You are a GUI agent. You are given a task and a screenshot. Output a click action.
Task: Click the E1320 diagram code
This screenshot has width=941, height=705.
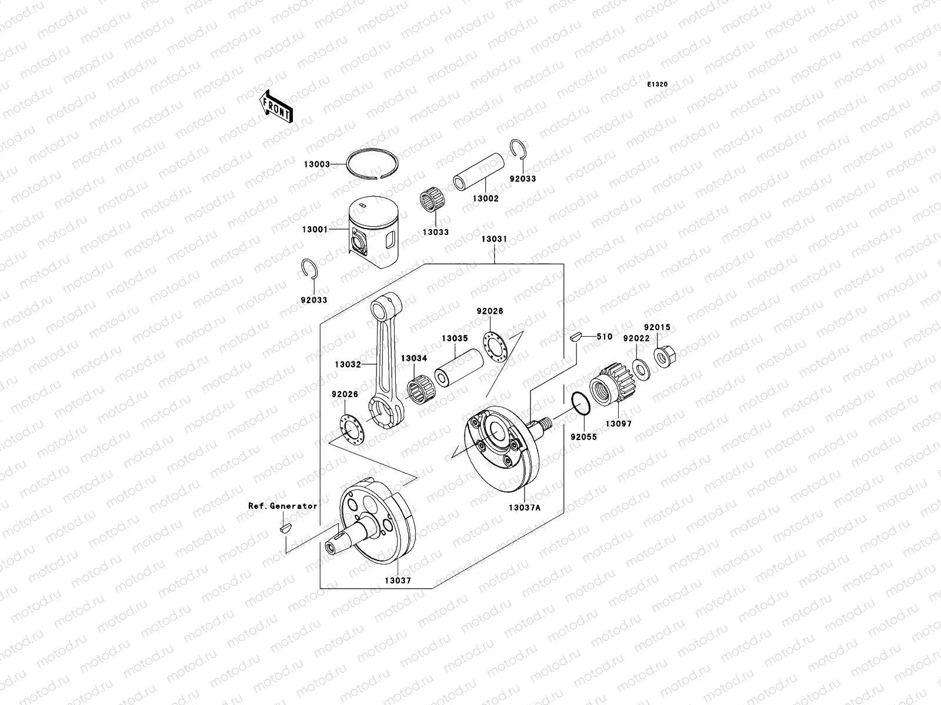pyautogui.click(x=658, y=85)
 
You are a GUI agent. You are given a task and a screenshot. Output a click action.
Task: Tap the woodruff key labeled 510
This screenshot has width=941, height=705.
pyautogui.click(x=576, y=337)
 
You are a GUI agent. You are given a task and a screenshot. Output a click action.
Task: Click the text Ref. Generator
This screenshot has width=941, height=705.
pyautogui.click(x=282, y=506)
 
